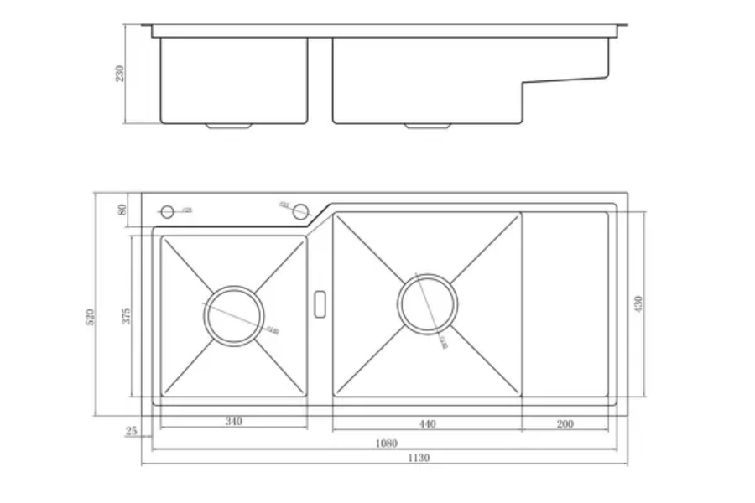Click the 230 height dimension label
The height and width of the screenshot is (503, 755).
[120, 73]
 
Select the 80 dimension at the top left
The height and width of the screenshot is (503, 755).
[123, 210]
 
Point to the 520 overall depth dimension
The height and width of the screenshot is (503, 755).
[91, 316]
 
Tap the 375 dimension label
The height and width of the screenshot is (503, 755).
[126, 315]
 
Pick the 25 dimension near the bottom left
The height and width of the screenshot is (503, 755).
[131, 431]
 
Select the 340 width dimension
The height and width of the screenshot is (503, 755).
[234, 422]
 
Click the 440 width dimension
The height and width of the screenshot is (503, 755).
[427, 424]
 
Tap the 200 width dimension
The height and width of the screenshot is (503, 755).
[565, 424]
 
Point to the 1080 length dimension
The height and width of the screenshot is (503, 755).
[387, 443]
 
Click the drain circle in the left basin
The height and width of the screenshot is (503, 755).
[233, 315]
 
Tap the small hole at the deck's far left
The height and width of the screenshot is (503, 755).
[167, 211]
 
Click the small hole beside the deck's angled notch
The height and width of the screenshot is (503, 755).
[300, 211]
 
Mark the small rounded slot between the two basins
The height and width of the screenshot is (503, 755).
[320, 303]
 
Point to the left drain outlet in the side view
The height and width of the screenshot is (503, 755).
[229, 126]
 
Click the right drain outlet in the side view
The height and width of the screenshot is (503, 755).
[428, 126]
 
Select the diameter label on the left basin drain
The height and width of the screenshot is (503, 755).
[272, 329]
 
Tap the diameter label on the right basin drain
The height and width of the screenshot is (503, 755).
[442, 342]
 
